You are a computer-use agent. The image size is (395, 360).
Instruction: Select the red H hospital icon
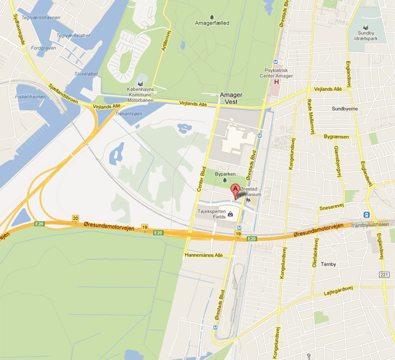pos(277,82)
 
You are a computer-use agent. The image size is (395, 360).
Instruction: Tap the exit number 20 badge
pos(75,218)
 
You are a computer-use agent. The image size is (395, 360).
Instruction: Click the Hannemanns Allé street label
pos(203,255)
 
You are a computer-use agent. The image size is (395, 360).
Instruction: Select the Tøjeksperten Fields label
pos(213,214)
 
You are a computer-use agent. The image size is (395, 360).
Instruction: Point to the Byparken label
pos(225,173)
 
